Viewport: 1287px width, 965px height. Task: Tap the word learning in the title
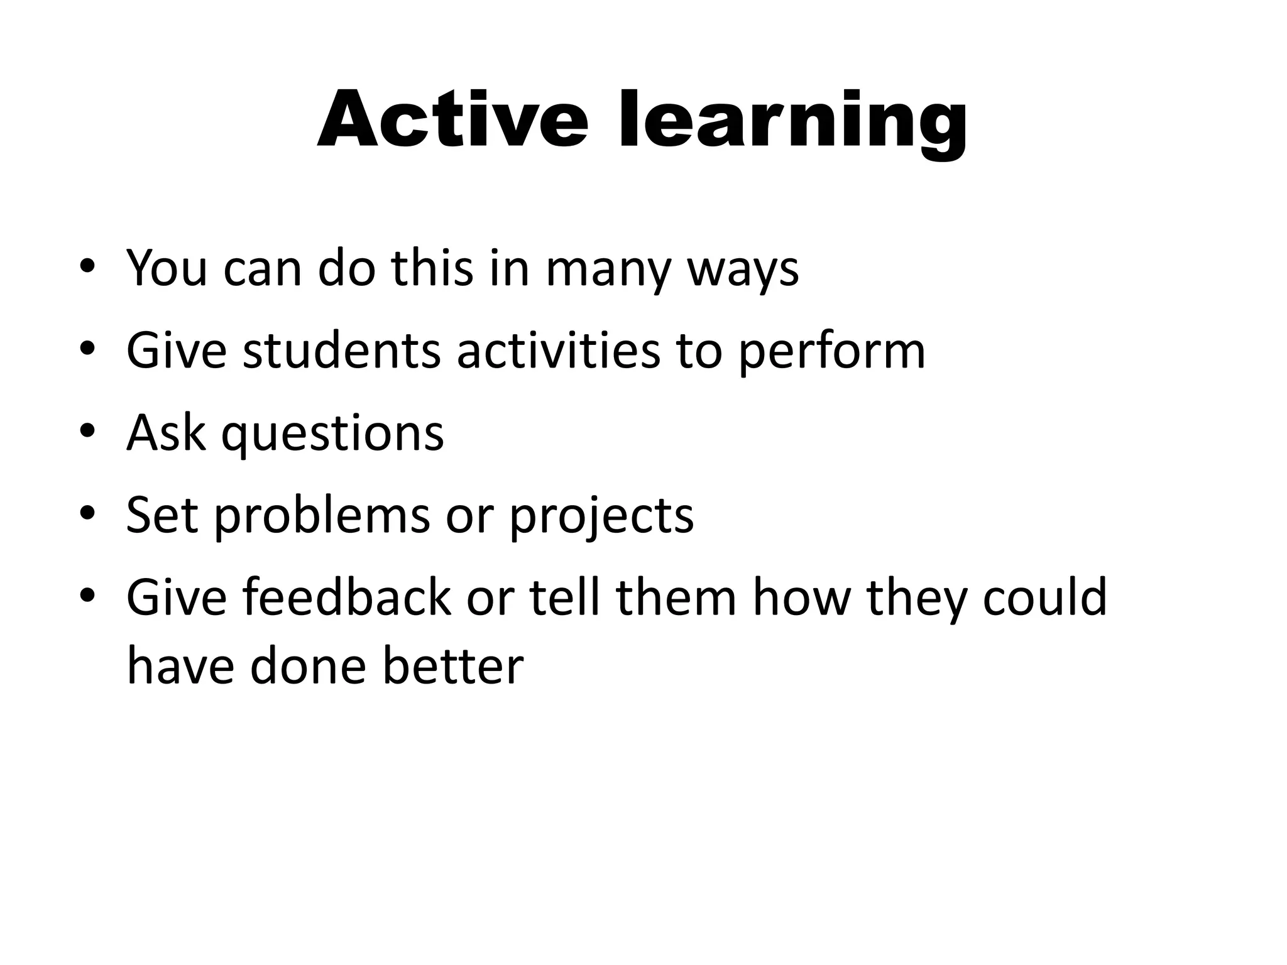click(792, 120)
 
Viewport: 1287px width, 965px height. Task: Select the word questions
click(332, 433)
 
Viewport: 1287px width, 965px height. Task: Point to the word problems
click(322, 516)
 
